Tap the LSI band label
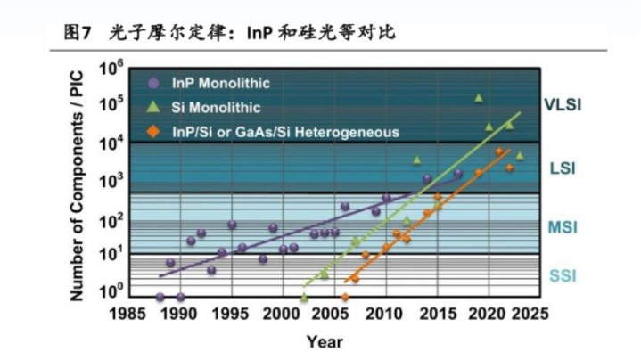tap(563, 168)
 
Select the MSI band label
tap(563, 228)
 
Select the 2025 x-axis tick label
tap(538, 314)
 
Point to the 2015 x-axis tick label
tap(436, 314)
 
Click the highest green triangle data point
tap(479, 97)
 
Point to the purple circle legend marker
tap(153, 83)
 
